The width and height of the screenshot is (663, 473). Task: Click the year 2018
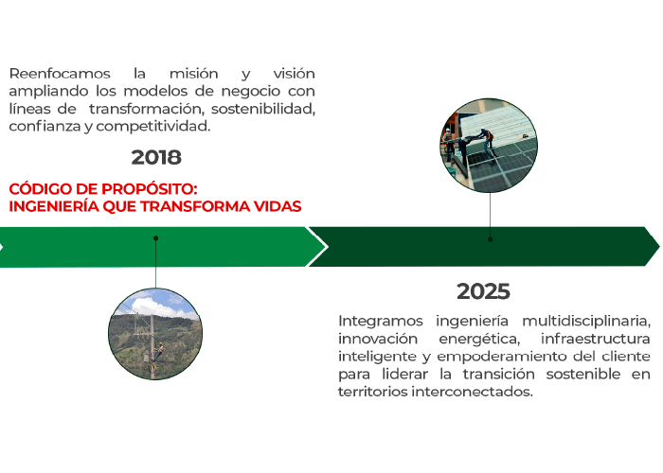click(x=156, y=157)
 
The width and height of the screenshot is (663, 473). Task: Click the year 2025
click(x=483, y=291)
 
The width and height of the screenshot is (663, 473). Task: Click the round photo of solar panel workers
click(x=490, y=146)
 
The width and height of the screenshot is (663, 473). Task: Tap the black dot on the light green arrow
click(x=155, y=238)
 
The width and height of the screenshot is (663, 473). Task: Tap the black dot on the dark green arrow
click(x=490, y=239)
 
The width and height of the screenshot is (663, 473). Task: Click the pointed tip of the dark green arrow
click(x=657, y=247)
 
